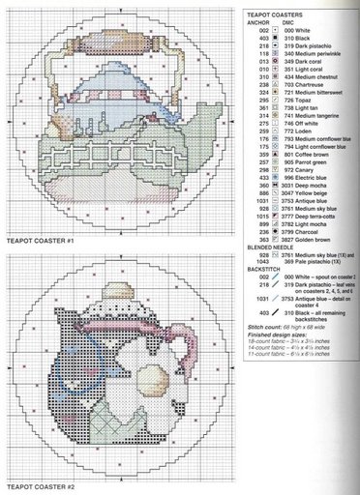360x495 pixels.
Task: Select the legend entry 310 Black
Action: pyautogui.click(x=289, y=40)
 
